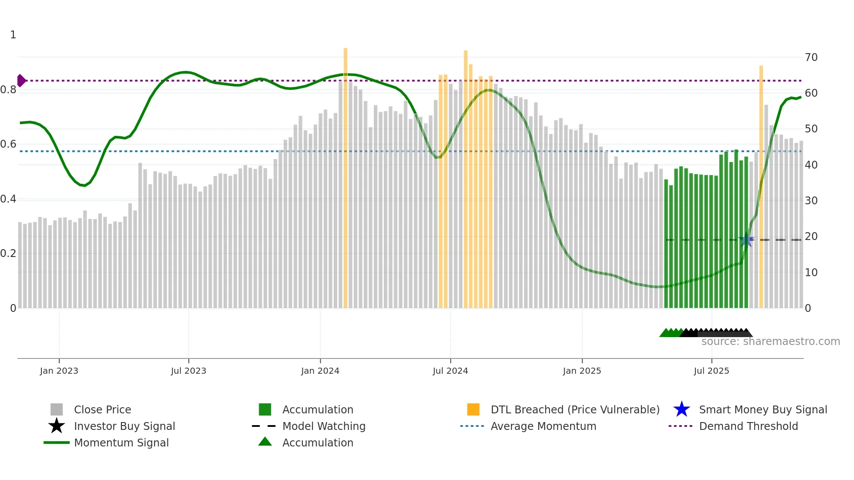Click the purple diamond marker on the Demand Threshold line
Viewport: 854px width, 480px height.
tap(21, 81)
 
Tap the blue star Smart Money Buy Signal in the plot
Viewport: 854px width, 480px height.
tap(746, 240)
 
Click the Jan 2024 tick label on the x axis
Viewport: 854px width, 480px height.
tap(320, 371)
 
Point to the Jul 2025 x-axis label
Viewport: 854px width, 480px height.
tap(711, 371)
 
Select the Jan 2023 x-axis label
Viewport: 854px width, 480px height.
tap(59, 371)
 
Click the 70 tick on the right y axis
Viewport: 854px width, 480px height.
tap(811, 57)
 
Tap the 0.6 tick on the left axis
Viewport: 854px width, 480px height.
tap(8, 144)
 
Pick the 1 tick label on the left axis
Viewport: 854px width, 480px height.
tap(13, 35)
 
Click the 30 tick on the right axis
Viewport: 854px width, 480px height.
tap(811, 201)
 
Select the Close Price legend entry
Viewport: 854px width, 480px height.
tap(102, 409)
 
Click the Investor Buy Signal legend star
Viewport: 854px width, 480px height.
tap(57, 426)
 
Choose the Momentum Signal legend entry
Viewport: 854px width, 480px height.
tap(121, 443)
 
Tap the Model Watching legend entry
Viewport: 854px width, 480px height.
tap(323, 426)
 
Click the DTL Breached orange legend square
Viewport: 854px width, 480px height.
tap(473, 409)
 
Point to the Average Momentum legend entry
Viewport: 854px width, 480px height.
tap(543, 426)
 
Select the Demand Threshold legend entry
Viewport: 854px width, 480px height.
tap(748, 426)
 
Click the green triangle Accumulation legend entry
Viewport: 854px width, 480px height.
tap(265, 442)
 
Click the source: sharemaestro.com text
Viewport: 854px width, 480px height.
tap(770, 341)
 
